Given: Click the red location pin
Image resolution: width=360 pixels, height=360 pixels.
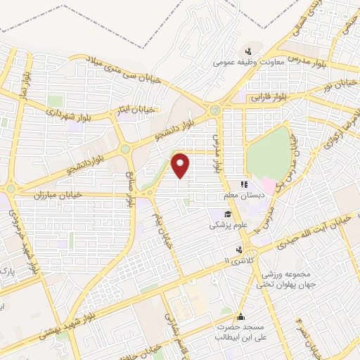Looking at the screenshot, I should pos(181,165).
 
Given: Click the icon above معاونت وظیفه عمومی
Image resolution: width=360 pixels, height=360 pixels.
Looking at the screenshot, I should pos(247,51).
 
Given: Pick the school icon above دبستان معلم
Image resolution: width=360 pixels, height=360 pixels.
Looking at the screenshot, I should pos(243,185).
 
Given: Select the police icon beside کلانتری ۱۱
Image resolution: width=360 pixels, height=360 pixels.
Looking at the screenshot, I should pos(239,250).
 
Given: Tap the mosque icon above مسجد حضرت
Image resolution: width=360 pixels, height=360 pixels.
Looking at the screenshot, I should pos(242,317).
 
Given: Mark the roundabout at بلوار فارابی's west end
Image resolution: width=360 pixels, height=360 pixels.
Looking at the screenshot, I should pos(214,110).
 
